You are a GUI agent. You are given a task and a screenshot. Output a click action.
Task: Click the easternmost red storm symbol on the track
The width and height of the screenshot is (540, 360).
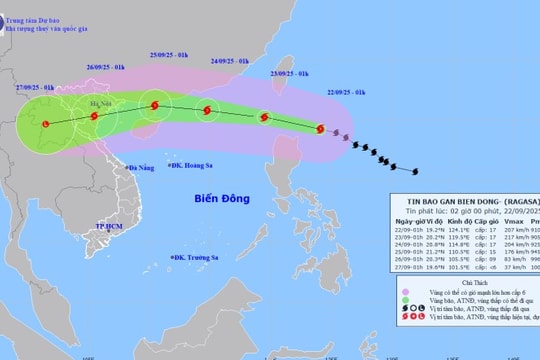[321, 128]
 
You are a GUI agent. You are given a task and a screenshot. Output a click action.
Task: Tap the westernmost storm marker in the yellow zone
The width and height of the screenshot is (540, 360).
[45, 124]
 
